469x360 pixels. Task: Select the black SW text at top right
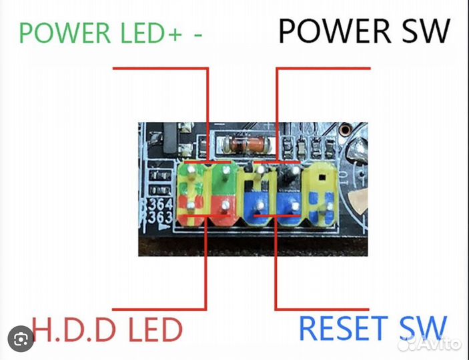click(424, 32)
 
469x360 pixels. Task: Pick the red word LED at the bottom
click(152, 330)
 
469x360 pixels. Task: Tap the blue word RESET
click(342, 329)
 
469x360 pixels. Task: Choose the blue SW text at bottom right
click(420, 329)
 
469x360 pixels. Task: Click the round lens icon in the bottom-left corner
click(22, 337)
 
